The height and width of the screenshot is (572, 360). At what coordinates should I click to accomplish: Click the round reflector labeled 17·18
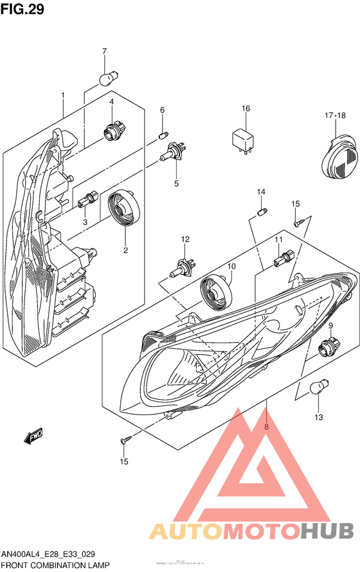click(339, 154)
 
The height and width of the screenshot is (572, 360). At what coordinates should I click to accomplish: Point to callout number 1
click(63, 96)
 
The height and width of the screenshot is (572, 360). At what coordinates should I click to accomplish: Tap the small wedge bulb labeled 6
click(163, 135)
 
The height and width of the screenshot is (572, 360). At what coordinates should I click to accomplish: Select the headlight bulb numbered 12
click(181, 269)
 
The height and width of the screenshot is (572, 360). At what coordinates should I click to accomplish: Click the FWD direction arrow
click(33, 438)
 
